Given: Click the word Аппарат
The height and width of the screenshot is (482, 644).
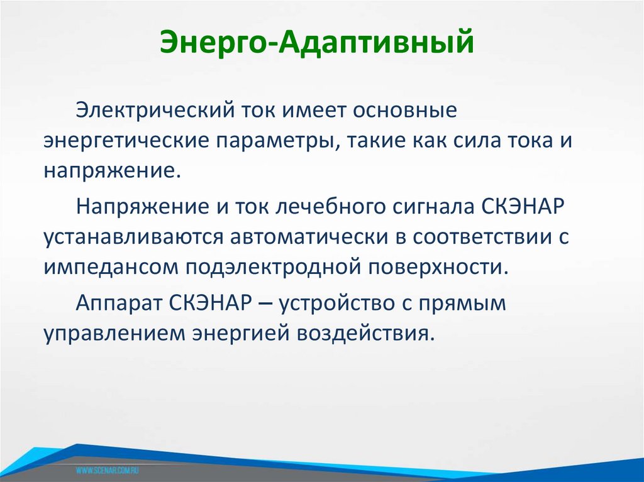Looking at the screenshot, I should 118,302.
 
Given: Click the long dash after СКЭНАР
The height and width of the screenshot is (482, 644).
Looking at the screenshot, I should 266,302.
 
